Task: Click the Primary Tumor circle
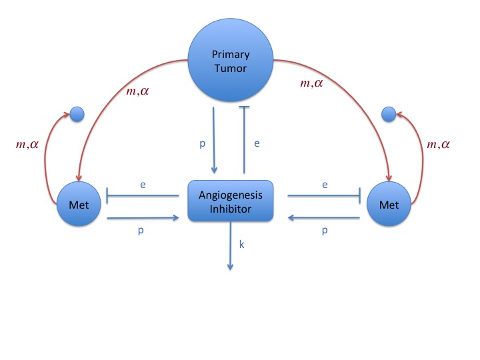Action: coord(231,60)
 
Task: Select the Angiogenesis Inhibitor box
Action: coord(231,201)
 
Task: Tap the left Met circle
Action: coord(79,204)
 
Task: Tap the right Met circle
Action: coord(389,204)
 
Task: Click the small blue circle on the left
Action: coord(77,114)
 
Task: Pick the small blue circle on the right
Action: coord(389,114)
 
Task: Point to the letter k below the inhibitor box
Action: coord(241,244)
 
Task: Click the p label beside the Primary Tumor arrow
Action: coord(203,143)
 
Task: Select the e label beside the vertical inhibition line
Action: coord(257,143)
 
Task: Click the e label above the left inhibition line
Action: coord(143,185)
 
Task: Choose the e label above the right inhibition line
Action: coord(325,185)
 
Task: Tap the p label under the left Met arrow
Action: coord(141,230)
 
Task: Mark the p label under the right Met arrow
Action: coord(325,230)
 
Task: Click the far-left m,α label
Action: coord(27,144)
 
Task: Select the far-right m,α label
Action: coord(439,144)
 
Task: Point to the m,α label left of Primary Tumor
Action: coord(137,91)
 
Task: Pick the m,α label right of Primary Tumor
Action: coord(311,83)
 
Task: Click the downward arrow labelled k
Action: coord(231,246)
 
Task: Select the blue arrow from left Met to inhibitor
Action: coord(143,218)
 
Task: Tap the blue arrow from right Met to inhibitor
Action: coord(324,217)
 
